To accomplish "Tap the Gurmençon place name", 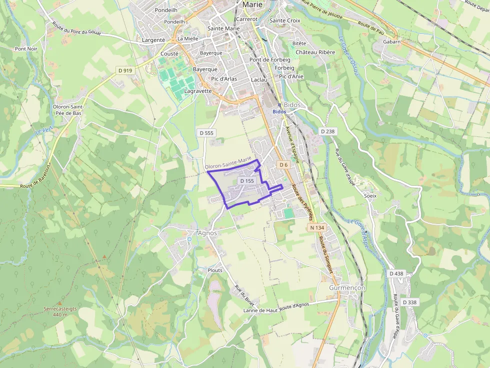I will tap(347, 288).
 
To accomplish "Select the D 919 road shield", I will tap(125, 70).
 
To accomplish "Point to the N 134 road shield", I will tap(317, 228).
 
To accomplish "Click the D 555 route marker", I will tap(206, 133).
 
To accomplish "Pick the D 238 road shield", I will tap(327, 131).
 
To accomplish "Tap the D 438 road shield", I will tap(396, 274).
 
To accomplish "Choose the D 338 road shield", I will tap(409, 302).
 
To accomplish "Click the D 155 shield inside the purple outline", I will tap(247, 181).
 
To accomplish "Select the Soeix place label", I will tap(370, 196).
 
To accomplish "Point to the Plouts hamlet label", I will tap(214, 270).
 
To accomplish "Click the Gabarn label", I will tap(392, 42).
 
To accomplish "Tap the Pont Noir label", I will tap(26, 49).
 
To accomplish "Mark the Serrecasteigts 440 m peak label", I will tap(60, 312).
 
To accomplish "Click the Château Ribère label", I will tap(315, 52).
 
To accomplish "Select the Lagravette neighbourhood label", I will tap(198, 91).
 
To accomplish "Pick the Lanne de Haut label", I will tap(260, 311).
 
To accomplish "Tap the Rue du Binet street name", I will tap(244, 295).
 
